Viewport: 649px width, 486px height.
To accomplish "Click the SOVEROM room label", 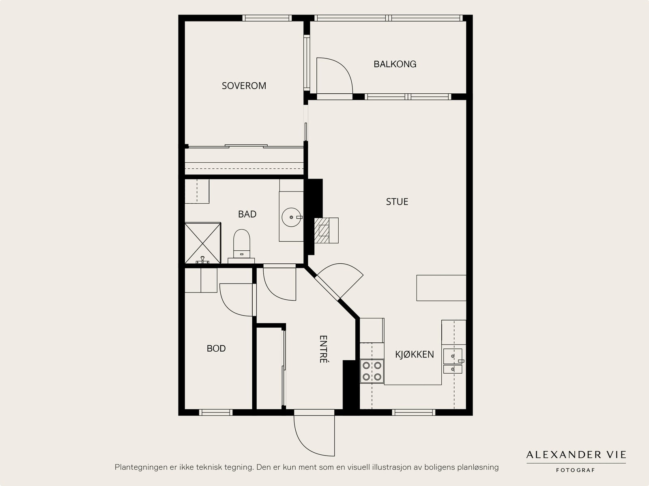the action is (244, 86).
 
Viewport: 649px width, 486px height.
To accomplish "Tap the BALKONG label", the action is (395, 64).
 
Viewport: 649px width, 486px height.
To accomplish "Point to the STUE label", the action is (397, 202).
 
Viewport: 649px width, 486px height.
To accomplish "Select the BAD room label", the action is (247, 214).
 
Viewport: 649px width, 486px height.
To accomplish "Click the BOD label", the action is (216, 348).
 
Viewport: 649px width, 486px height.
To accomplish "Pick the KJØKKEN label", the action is (415, 355).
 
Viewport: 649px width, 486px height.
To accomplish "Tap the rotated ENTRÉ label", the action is (323, 349).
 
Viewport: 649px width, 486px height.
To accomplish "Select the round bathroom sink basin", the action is (292, 217).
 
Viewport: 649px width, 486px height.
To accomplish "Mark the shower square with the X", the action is (203, 243).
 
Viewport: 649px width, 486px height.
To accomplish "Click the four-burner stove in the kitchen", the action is (372, 371).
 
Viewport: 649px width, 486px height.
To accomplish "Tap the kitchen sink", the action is (453, 361).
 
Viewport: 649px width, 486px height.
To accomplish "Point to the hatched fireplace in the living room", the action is (326, 230).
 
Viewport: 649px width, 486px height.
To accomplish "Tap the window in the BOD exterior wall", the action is (216, 413).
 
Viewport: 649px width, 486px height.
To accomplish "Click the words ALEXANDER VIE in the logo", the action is (576, 455).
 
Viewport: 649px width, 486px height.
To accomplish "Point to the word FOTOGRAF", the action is (575, 470).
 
